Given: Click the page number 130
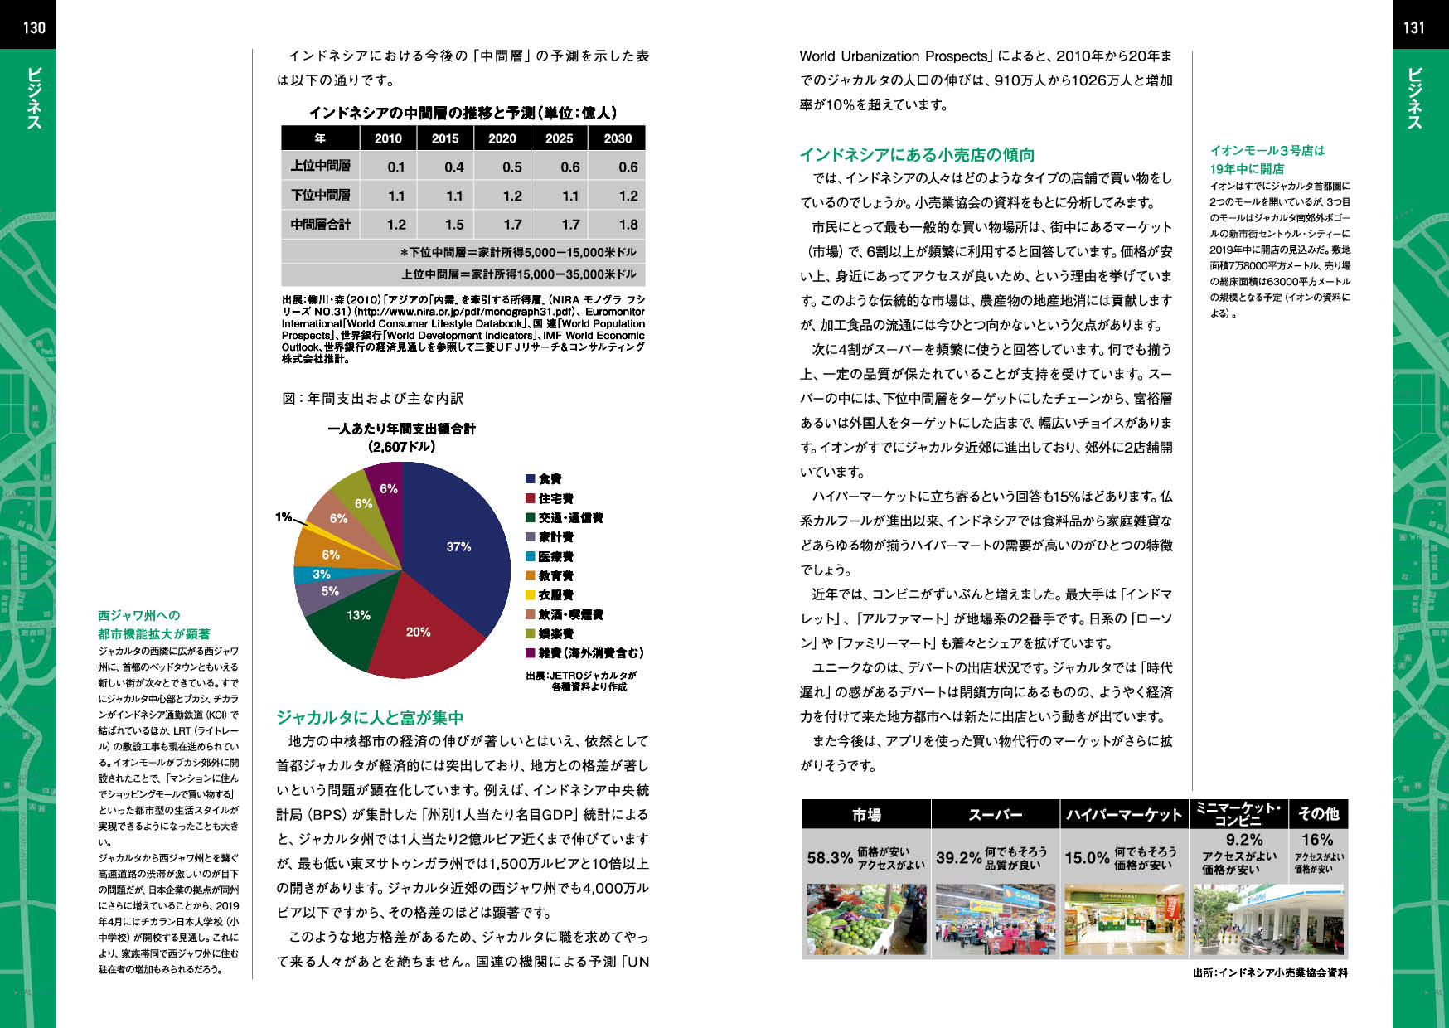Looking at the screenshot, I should [34, 27].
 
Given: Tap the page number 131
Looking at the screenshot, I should [1413, 27].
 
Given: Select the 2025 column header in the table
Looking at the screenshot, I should [559, 138].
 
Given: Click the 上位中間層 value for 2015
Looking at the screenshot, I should [453, 167].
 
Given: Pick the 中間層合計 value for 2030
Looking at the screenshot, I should [628, 225].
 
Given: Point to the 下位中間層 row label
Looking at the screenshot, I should [320, 196].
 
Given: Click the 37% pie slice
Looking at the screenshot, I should [458, 546].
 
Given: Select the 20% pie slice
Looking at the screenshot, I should [418, 632].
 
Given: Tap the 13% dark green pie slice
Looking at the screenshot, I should [357, 615].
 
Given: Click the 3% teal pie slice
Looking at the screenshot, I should [321, 574].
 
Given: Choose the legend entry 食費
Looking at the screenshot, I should [550, 479].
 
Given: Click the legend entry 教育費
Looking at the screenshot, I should [555, 576].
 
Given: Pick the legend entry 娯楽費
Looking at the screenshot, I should [555, 634].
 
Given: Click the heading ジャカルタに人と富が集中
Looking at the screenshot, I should [370, 718].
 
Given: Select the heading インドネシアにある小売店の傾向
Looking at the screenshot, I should [917, 155].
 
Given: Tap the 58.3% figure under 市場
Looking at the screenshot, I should [830, 858].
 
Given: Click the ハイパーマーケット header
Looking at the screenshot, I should [1124, 815].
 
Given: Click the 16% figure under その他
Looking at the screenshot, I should [1316, 840].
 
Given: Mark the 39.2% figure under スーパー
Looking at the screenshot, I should [958, 858].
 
